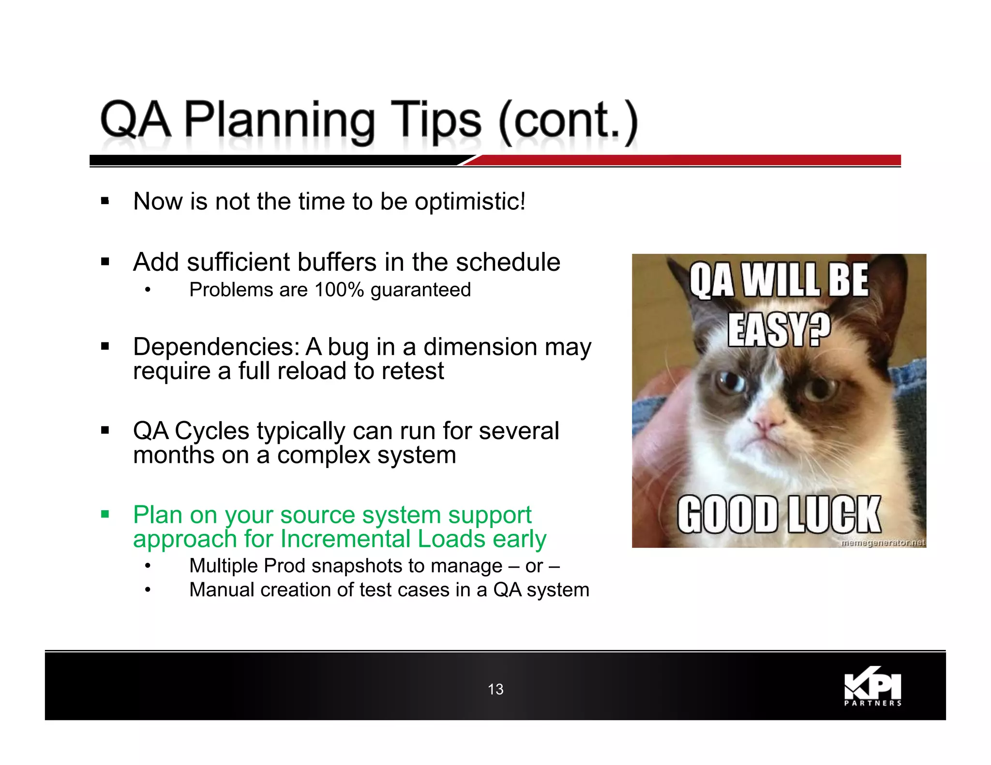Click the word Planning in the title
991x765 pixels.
(279, 121)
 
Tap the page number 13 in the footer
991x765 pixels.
(495, 689)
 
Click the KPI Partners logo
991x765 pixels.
(872, 687)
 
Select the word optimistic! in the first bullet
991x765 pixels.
(470, 202)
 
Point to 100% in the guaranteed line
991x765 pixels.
(339, 290)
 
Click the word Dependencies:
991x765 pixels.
(216, 347)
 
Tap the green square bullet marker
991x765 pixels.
(105, 514)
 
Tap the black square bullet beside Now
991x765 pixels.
(105, 201)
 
